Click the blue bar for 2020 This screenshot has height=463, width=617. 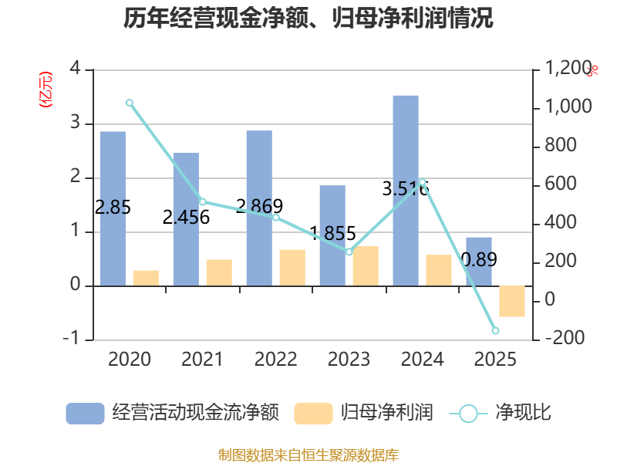(113, 208)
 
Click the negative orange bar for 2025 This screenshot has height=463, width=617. (512, 301)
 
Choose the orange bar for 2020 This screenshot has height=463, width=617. (146, 278)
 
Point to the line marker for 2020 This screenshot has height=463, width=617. (130, 103)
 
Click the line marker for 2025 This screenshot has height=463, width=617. (495, 330)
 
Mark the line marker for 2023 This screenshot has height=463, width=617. (349, 252)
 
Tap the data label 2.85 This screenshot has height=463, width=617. (113, 207)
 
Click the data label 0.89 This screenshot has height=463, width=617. (479, 259)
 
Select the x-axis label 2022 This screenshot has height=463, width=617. (275, 360)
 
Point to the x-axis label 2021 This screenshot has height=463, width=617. (202, 360)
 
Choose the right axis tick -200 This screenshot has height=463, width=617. (564, 339)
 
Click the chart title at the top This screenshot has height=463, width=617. (308, 19)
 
